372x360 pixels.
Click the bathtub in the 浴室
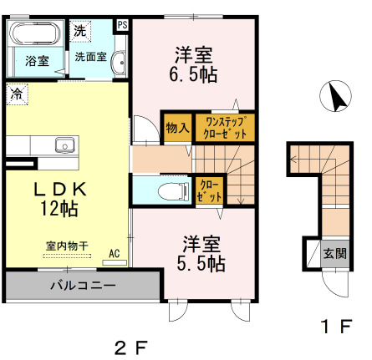click(x=34, y=35)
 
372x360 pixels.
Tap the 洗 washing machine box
click(x=79, y=30)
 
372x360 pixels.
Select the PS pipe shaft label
click(x=123, y=25)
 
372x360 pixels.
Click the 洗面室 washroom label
click(x=90, y=58)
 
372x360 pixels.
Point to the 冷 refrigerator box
click(x=17, y=94)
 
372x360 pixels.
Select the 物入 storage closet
click(x=176, y=128)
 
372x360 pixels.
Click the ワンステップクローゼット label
click(x=224, y=128)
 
